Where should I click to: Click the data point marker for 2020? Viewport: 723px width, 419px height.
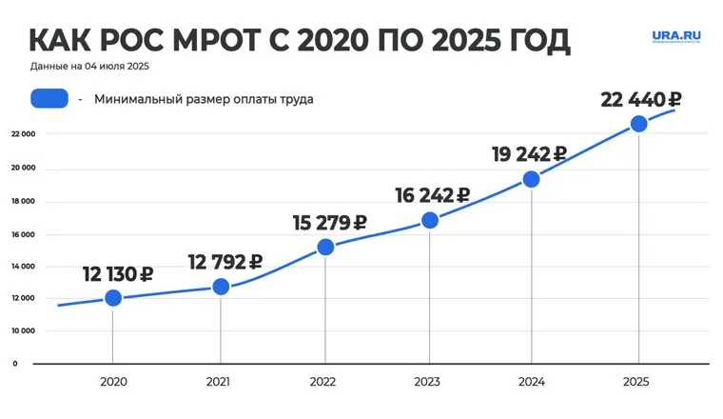coord(113,298)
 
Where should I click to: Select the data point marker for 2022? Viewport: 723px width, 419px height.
coord(325,247)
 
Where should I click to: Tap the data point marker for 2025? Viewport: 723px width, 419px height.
coord(639,124)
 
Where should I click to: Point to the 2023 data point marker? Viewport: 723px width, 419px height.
coord(429,220)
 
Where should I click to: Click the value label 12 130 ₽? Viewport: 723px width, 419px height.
coord(119,274)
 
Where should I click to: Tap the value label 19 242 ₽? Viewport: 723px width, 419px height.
coord(529,154)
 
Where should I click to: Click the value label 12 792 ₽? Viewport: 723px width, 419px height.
coord(225,262)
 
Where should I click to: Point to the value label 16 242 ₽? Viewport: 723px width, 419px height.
coord(433,195)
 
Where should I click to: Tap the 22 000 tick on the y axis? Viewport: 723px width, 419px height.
coord(23,134)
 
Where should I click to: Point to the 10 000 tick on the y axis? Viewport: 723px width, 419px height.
coord(23,331)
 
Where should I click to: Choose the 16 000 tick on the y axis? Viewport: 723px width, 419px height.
coord(23,234)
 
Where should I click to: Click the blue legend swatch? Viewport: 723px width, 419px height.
coord(49,98)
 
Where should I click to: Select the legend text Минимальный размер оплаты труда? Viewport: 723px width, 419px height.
coord(204,98)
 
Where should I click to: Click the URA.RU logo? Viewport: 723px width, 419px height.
coord(675,36)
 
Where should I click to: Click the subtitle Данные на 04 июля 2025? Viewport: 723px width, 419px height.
coord(89,67)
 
